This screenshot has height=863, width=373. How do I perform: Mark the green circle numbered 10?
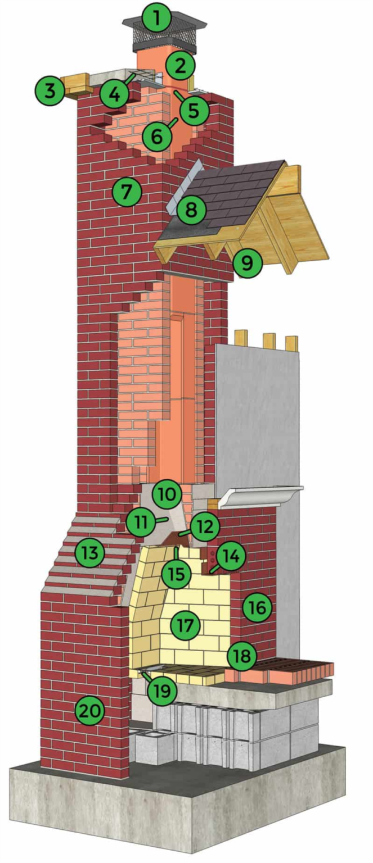click(167, 495)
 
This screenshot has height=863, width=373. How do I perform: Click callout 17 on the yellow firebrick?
click(185, 625)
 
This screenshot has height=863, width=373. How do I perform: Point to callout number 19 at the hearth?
click(162, 691)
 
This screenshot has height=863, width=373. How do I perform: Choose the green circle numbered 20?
click(90, 711)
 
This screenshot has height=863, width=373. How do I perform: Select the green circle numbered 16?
click(258, 607)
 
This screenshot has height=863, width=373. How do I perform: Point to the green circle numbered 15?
click(177, 574)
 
